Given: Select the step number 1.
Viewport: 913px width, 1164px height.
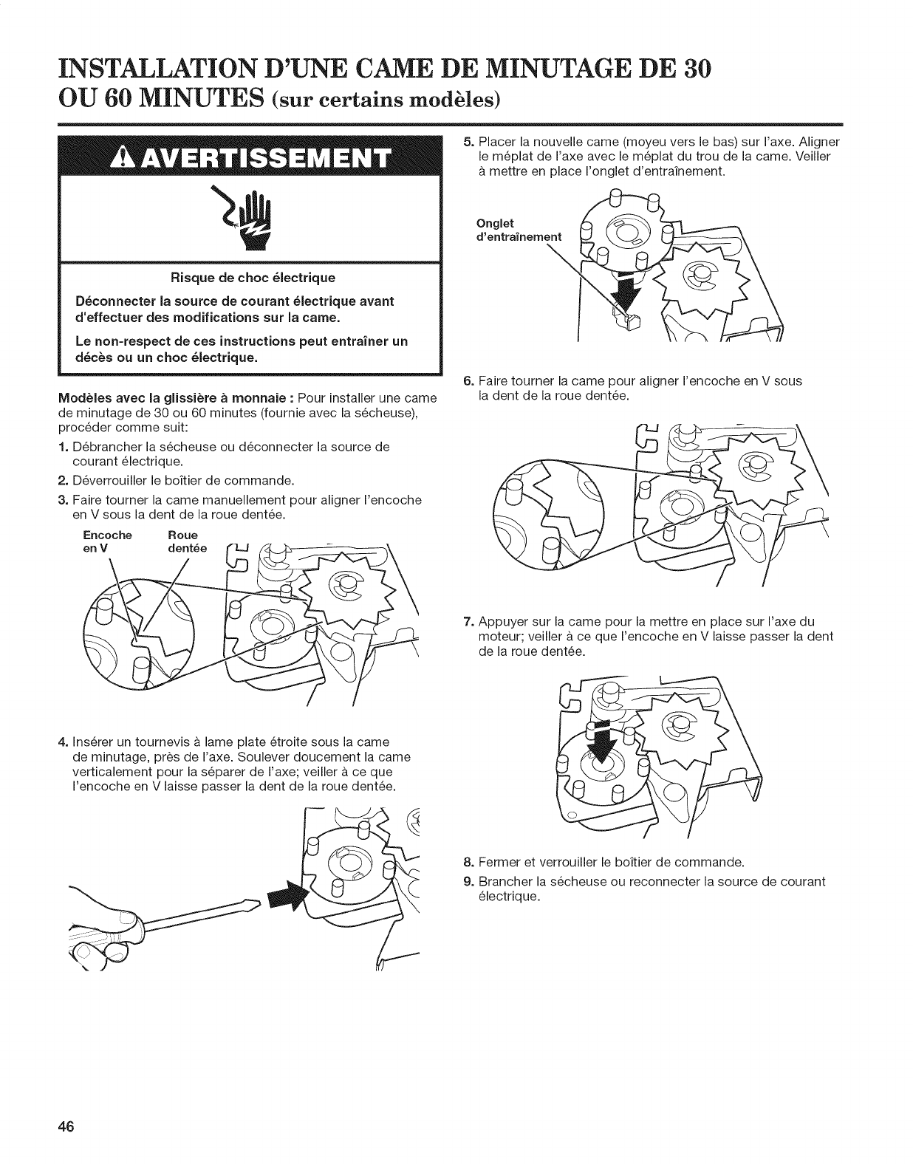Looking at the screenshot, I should coord(63,448).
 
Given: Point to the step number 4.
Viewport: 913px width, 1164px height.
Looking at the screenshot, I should coord(63,741).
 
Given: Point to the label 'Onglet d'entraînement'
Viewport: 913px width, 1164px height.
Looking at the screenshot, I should coord(517,229).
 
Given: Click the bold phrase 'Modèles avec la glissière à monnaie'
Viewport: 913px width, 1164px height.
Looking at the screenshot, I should coord(174,399).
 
